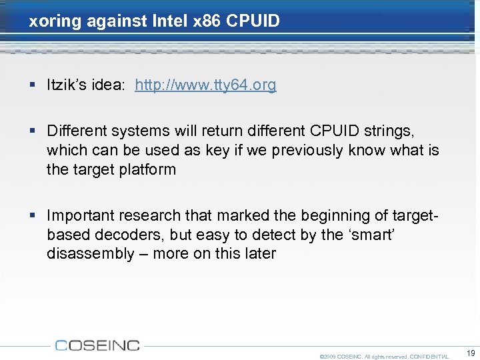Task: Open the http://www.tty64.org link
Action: coord(205,85)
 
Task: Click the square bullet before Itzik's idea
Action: coord(33,85)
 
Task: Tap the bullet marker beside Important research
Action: coord(33,216)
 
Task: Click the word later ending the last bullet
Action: coord(258,253)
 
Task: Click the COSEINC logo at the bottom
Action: coord(97,345)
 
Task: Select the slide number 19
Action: coord(471,353)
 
